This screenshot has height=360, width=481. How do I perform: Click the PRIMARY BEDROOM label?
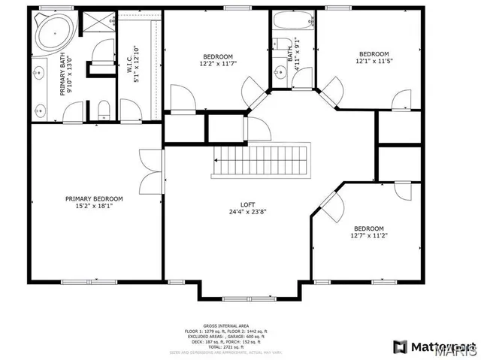point(94,198)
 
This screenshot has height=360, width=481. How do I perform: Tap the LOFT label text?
point(248,204)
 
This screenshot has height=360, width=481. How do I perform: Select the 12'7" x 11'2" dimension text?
point(369,234)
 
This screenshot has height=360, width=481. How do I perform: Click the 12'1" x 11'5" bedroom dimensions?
point(373,62)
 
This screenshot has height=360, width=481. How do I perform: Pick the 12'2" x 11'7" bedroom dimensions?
point(217,65)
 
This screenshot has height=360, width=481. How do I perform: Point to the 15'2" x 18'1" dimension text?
point(94,206)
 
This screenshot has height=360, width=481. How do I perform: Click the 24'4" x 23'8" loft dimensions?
point(248,212)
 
